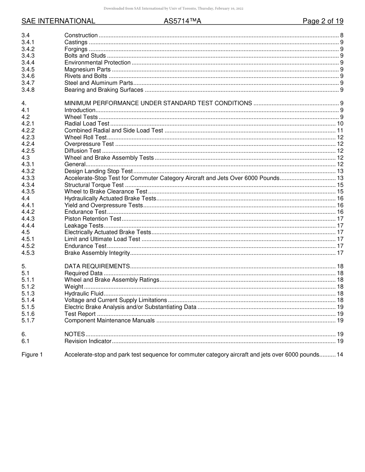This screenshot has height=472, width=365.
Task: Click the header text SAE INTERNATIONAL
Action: click(x=58, y=21)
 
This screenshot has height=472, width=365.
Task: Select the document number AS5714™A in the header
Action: click(x=182, y=21)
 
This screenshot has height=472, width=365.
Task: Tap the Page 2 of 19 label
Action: click(x=323, y=21)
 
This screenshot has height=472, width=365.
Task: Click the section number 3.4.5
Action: click(x=28, y=69)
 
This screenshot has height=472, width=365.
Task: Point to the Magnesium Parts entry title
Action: click(x=87, y=69)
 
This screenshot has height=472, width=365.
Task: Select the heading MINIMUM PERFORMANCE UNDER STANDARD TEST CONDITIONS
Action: click(x=158, y=103)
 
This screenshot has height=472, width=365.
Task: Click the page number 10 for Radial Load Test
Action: click(x=340, y=124)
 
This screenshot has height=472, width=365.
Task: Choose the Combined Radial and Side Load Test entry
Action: click(x=114, y=130)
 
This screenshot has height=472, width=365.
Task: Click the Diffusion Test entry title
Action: click(x=83, y=151)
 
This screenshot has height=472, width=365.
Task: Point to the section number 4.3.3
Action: click(x=28, y=178)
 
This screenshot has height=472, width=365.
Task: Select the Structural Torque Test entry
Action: click(x=94, y=185)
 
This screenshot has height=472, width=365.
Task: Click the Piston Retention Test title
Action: click(x=93, y=219)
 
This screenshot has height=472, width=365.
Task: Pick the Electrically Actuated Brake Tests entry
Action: click(x=108, y=232)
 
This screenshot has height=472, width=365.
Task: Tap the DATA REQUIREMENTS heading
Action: click(x=97, y=266)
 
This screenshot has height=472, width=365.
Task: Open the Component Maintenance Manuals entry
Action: click(x=109, y=320)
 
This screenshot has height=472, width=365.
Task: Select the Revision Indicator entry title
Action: click(x=88, y=341)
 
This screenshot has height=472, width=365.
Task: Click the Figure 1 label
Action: click(x=32, y=355)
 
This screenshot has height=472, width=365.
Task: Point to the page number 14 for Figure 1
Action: click(x=340, y=355)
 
